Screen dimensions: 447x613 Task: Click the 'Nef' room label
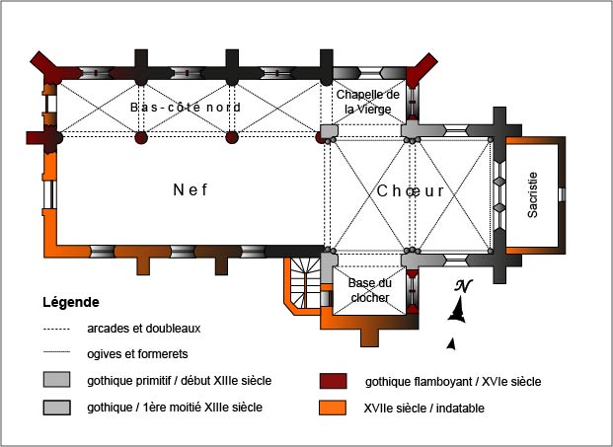pos(191,190)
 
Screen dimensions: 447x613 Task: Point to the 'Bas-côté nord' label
pos(186,107)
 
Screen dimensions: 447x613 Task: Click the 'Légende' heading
pos(71,301)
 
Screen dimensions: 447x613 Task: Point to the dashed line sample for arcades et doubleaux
pos(59,329)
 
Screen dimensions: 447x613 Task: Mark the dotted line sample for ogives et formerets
pos(59,352)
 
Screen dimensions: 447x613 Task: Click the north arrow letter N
pos(463,286)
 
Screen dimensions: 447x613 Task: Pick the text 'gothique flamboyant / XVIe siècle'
pos(453,381)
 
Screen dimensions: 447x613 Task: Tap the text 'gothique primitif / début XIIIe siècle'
pos(180,381)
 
